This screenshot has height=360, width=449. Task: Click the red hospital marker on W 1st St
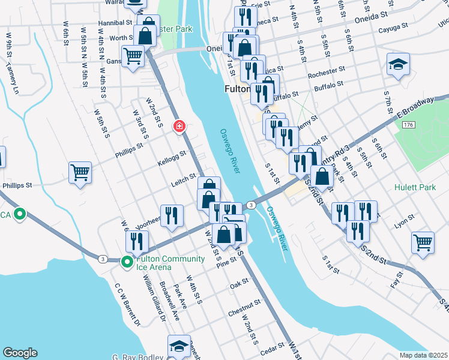[179, 127]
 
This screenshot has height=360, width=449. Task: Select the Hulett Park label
[415, 187]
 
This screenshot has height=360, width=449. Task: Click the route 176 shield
[409, 124]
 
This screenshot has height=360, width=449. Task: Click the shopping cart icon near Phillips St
[80, 173]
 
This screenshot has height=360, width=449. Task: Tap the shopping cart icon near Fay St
[423, 242]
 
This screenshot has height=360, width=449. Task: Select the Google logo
[20, 353]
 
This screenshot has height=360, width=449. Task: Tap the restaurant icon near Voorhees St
[172, 215]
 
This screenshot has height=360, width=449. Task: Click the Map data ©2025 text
[423, 355]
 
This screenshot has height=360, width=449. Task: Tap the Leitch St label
[185, 178]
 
